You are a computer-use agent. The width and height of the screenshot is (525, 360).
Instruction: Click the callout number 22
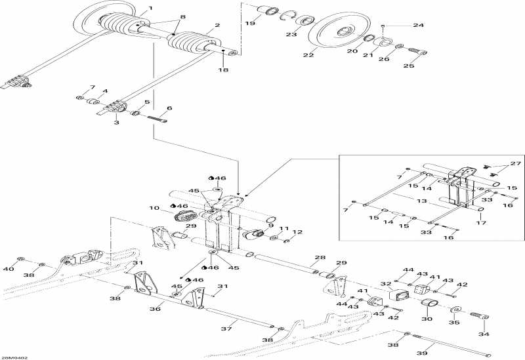[x=308, y=55]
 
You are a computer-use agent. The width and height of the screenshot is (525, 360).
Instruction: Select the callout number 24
[x=418, y=25]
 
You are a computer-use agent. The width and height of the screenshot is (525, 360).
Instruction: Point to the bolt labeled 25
[x=417, y=52]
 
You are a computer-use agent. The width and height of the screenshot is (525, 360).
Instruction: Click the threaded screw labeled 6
[x=157, y=119]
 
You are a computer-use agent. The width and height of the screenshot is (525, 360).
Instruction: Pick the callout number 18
[x=223, y=70]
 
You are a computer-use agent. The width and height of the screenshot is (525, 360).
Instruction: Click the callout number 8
[x=182, y=17]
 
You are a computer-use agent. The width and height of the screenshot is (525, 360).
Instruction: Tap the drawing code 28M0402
[x=9, y=357]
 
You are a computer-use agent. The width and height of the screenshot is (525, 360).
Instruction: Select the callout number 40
[x=9, y=269]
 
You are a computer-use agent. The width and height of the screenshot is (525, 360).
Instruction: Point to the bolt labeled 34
[x=481, y=315]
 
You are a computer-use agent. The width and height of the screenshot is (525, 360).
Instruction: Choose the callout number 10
[x=154, y=208]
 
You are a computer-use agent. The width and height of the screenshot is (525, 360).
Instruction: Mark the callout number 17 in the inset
[x=481, y=222]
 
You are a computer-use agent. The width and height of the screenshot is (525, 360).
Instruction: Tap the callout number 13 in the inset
[x=422, y=201]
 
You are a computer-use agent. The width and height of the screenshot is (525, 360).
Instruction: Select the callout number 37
[x=226, y=329]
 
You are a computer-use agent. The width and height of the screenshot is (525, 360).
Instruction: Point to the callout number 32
[x=386, y=285]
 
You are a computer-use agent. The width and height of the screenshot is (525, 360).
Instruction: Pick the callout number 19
[x=250, y=23]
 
